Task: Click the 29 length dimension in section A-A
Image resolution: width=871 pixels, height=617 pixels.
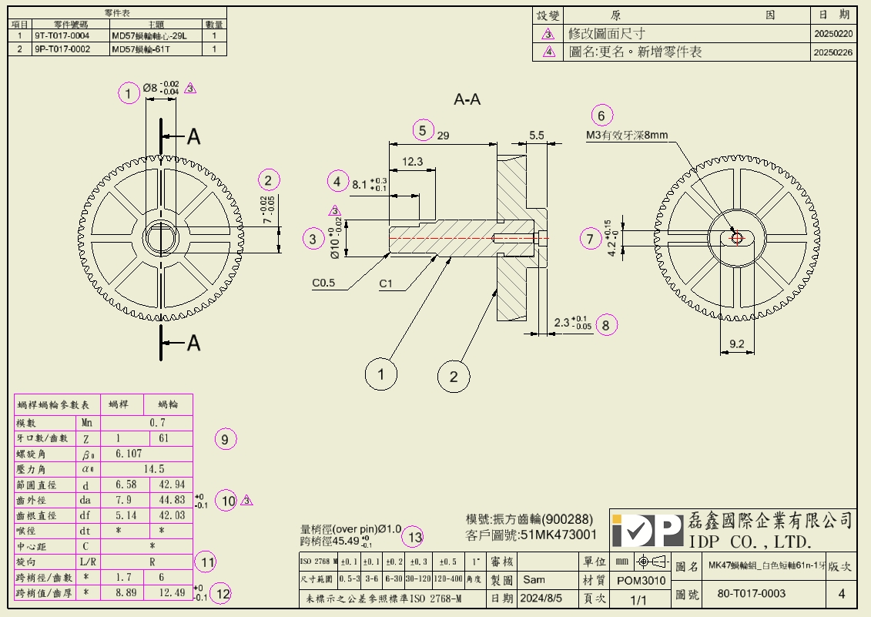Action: pyautogui.click(x=444, y=135)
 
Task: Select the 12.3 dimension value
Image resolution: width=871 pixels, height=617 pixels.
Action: pyautogui.click(x=412, y=162)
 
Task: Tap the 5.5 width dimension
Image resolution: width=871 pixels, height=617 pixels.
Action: pyautogui.click(x=536, y=135)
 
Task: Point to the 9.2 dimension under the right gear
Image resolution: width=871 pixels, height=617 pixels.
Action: pyautogui.click(x=735, y=344)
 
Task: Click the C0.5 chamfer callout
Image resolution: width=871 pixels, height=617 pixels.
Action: pyautogui.click(x=323, y=283)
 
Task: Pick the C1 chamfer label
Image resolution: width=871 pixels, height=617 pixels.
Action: pyautogui.click(x=386, y=283)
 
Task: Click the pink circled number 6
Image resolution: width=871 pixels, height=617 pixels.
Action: pyautogui.click(x=602, y=116)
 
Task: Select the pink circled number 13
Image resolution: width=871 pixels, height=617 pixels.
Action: pyautogui.click(x=415, y=537)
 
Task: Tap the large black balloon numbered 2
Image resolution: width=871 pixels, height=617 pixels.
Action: pyautogui.click(x=454, y=377)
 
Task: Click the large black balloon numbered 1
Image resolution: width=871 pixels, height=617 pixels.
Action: pyautogui.click(x=380, y=375)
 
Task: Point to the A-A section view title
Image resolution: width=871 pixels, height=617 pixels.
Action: pyautogui.click(x=467, y=99)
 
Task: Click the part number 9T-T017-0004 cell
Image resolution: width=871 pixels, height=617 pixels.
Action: pyautogui.click(x=62, y=35)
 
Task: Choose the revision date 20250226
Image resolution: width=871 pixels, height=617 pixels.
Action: pyautogui.click(x=832, y=52)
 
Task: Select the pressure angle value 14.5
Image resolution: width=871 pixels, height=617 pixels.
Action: pyautogui.click(x=153, y=469)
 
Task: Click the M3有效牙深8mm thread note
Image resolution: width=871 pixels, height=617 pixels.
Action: pyautogui.click(x=626, y=136)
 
